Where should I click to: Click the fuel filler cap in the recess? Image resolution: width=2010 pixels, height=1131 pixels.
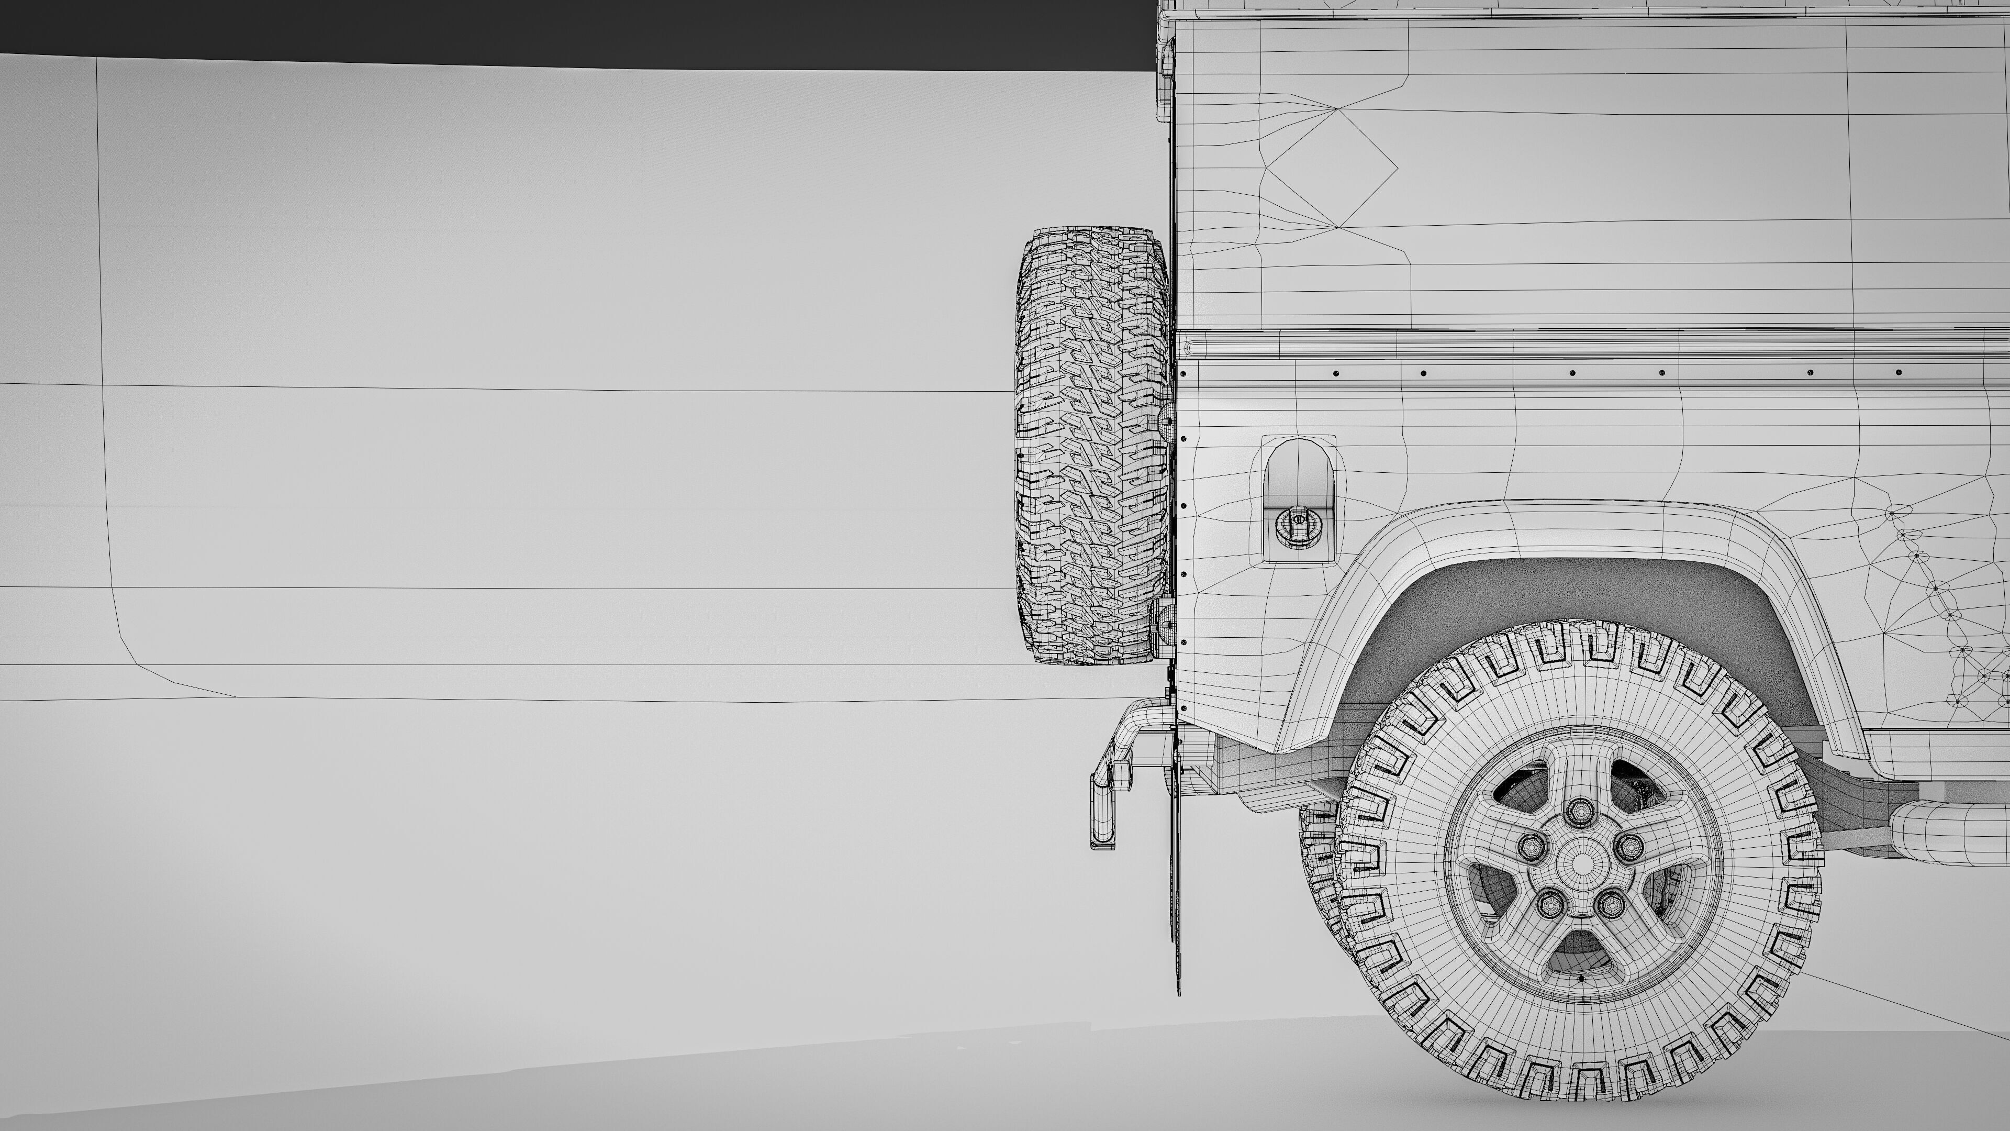pos(1298,523)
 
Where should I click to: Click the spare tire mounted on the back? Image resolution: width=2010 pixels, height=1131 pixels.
pos(1092,445)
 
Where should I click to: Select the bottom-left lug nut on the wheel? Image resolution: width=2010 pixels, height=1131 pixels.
pos(1549,905)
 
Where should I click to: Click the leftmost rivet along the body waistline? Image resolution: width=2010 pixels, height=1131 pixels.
pos(1335,373)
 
